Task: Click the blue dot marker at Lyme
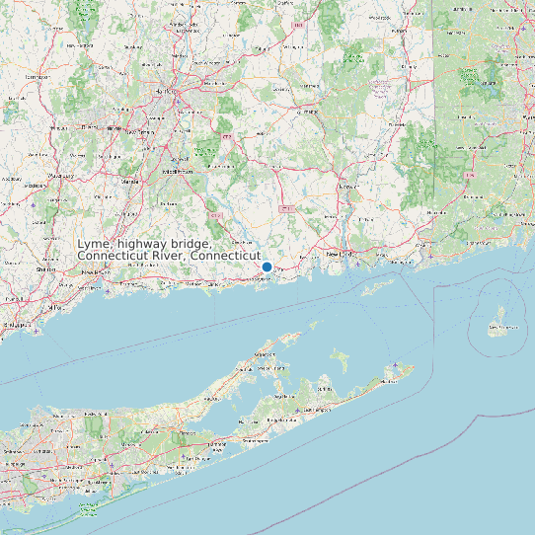pos(267,267)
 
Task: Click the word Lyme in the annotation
pos(94,244)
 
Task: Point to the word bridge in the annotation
pos(191,244)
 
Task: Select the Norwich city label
pos(348,185)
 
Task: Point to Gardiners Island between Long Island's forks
pos(342,357)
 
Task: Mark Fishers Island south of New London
pos(378,287)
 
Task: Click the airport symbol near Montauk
pos(396,367)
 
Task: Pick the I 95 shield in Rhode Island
pos(471,176)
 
